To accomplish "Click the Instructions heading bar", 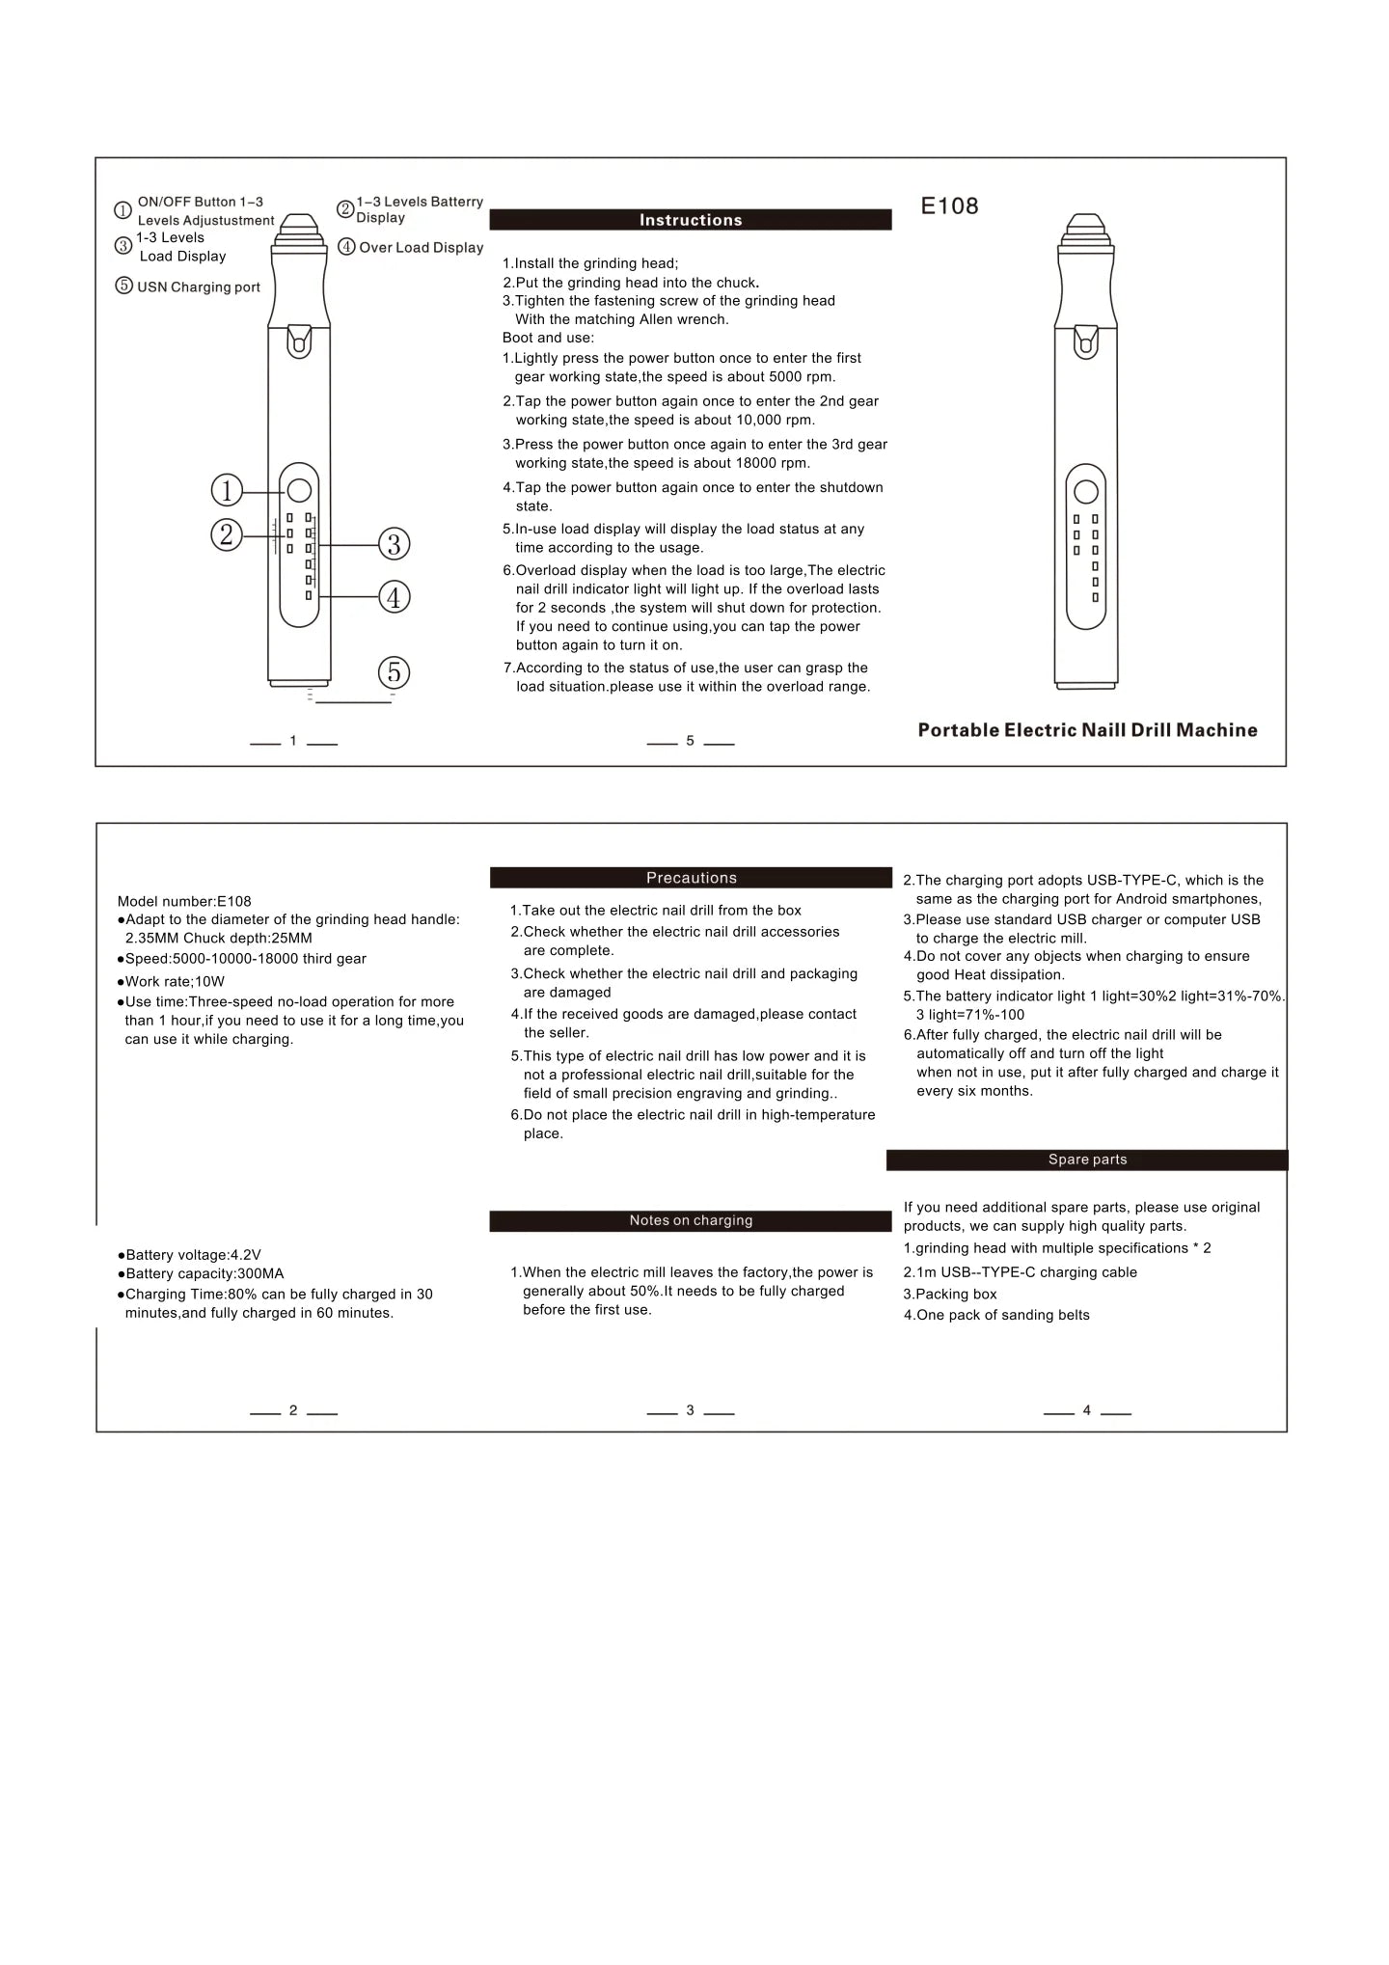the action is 691,220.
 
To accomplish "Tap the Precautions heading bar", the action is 691,878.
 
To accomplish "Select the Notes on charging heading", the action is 691,1221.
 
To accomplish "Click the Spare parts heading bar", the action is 1087,1160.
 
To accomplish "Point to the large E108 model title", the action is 949,205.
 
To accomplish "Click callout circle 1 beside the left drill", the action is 227,491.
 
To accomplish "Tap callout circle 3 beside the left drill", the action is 394,544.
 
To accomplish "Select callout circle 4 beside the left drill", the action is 394,597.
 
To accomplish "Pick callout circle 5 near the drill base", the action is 394,672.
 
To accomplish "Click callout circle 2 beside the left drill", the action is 227,533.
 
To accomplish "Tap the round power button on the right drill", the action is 1086,492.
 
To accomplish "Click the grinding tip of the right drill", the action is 1086,223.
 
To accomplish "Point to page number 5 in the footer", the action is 690,741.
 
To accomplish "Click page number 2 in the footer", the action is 293,1410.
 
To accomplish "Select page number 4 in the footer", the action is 1087,1410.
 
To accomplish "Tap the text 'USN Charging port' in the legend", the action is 199,287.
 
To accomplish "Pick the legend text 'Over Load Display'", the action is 422,248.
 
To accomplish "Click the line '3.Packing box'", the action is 950,1295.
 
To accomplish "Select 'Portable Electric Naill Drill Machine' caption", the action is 1087,730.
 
